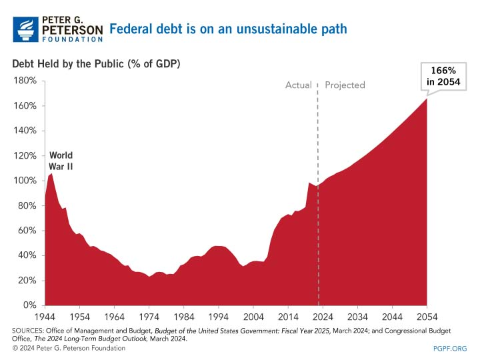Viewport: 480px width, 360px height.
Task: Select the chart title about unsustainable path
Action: coord(227,29)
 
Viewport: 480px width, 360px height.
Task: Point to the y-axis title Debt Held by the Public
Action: coord(96,64)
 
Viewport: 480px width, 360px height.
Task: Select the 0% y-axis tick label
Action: coord(29,305)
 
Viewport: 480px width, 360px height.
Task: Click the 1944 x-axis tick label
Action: coord(45,317)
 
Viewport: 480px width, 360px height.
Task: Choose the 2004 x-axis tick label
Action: coord(253,317)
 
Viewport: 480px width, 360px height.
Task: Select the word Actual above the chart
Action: coord(299,85)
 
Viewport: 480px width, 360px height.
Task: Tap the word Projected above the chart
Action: coord(345,85)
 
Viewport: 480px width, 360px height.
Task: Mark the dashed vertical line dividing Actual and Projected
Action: coord(318,200)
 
